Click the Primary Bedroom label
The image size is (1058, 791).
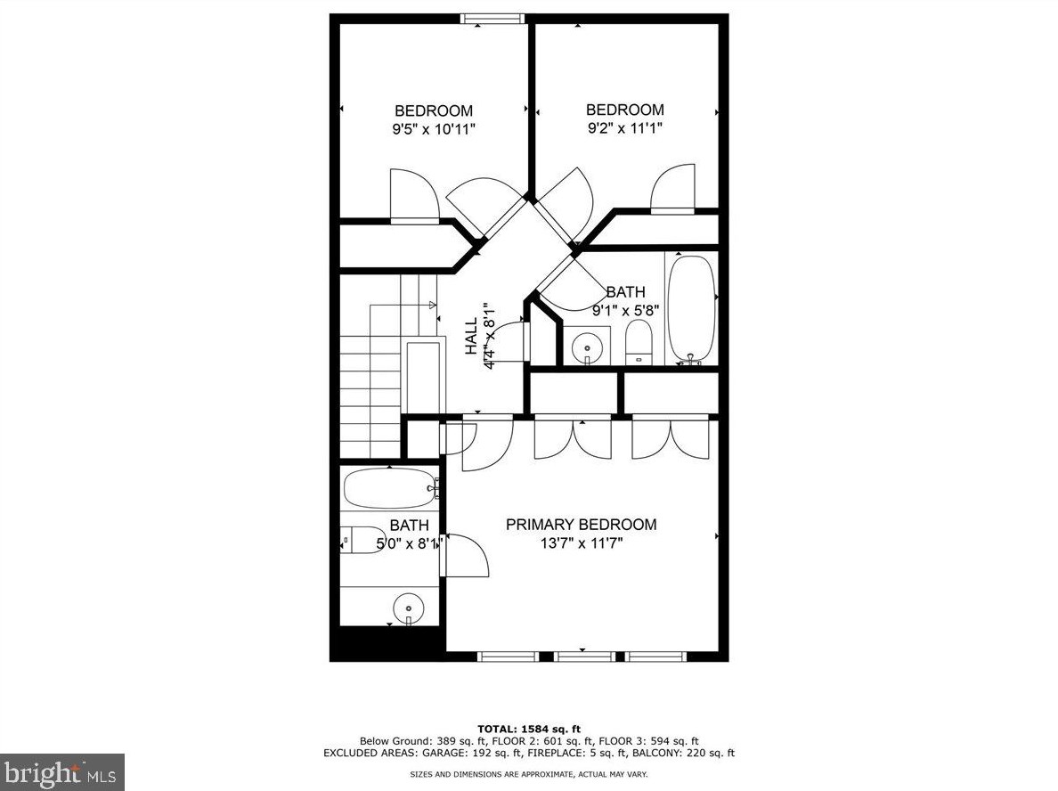click(x=581, y=525)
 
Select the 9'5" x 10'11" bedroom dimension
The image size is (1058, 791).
click(x=434, y=130)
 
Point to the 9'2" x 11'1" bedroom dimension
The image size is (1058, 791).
click(x=624, y=128)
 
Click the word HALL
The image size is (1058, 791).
click(x=471, y=338)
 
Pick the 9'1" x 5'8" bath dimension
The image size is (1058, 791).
click(x=625, y=311)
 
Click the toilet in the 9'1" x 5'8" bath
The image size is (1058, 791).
click(x=639, y=343)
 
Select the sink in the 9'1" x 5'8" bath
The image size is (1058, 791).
click(x=586, y=345)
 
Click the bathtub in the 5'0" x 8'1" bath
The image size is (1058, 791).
click(x=388, y=488)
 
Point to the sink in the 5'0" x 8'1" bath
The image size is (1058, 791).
click(x=408, y=608)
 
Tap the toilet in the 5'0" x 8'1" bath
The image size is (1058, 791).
click(x=360, y=541)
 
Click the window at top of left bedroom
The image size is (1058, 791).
click(x=492, y=19)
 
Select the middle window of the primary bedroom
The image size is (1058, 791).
click(x=583, y=656)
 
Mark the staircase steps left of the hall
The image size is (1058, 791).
click(x=370, y=392)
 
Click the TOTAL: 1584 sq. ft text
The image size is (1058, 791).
click(x=529, y=730)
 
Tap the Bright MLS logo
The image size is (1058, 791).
click(x=61, y=771)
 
